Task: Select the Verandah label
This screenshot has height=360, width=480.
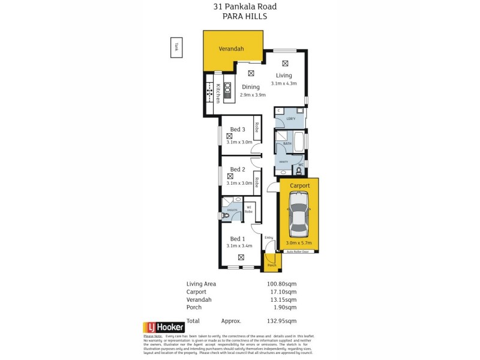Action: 231,49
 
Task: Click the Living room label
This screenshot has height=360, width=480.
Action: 284,76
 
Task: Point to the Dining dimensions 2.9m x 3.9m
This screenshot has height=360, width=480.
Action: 253,95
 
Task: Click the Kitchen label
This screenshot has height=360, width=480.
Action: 218,93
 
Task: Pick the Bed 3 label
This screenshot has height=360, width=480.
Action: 238,130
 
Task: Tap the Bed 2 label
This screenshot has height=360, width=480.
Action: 238,170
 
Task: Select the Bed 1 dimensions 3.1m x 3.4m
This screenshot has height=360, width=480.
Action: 239,245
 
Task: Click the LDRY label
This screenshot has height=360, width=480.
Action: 290,119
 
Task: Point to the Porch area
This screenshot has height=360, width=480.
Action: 272,262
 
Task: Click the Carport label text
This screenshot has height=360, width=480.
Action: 300,186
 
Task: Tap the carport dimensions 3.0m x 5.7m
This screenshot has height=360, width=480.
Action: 298,243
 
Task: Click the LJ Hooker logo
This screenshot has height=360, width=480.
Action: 163,328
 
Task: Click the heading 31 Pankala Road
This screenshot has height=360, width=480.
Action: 240,7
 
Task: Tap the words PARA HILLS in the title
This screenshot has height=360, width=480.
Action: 240,17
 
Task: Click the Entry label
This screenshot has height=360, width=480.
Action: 268,238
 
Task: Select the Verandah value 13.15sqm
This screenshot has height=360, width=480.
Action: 283,299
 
